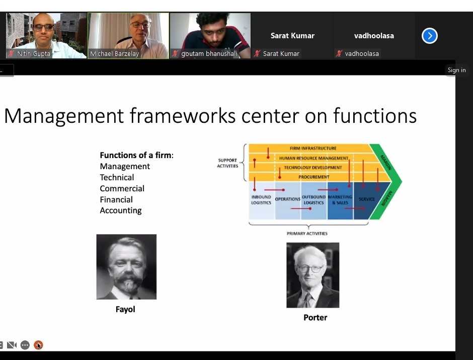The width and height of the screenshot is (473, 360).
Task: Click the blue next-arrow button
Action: click(430, 36)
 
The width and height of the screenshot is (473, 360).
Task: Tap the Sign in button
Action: click(456, 70)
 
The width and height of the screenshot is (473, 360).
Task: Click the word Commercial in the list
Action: click(122, 188)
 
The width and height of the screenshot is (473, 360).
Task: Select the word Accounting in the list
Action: click(121, 210)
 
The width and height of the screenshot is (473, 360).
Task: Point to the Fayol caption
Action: click(125, 309)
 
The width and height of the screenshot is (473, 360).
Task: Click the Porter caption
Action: click(315, 317)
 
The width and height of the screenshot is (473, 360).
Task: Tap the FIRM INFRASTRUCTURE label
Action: click(313, 148)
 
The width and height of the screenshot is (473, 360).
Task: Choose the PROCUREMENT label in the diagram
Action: click(313, 177)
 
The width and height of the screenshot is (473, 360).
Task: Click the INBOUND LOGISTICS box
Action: click(261, 200)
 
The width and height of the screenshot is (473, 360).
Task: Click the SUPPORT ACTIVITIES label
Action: click(227, 163)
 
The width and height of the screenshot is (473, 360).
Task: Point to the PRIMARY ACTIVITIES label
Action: click(307, 233)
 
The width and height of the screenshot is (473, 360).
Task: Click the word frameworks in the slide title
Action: click(183, 116)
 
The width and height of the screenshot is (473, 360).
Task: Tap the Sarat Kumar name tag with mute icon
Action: click(277, 53)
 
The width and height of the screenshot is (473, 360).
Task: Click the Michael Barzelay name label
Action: click(114, 54)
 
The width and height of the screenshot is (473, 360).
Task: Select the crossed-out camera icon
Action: click(12, 344)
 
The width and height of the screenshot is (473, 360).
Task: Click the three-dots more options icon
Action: click(25, 344)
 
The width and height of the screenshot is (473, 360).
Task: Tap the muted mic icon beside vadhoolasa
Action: click(339, 53)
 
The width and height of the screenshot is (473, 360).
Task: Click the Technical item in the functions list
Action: click(117, 177)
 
